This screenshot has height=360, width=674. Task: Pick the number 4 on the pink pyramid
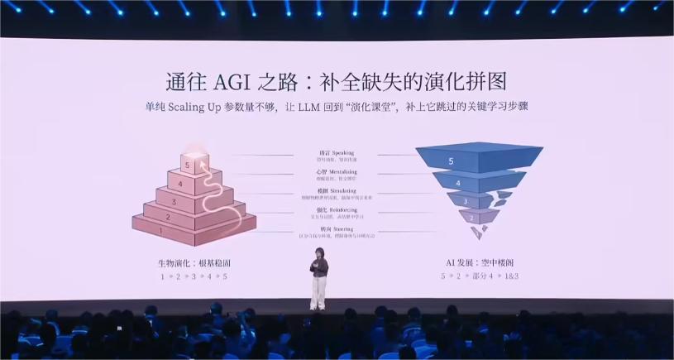click(179, 184)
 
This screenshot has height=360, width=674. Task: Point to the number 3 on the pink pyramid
click(173, 201)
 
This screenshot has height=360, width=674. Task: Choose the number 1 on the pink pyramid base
click(161, 233)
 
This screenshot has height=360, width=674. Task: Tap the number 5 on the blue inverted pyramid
click(451, 161)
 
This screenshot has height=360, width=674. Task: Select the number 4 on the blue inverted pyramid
click(458, 182)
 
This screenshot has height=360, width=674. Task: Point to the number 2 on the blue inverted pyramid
click(471, 218)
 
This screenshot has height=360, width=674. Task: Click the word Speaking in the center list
click(343, 153)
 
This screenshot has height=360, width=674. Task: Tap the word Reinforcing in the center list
click(347, 210)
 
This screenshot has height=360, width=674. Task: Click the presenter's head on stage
click(318, 251)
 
